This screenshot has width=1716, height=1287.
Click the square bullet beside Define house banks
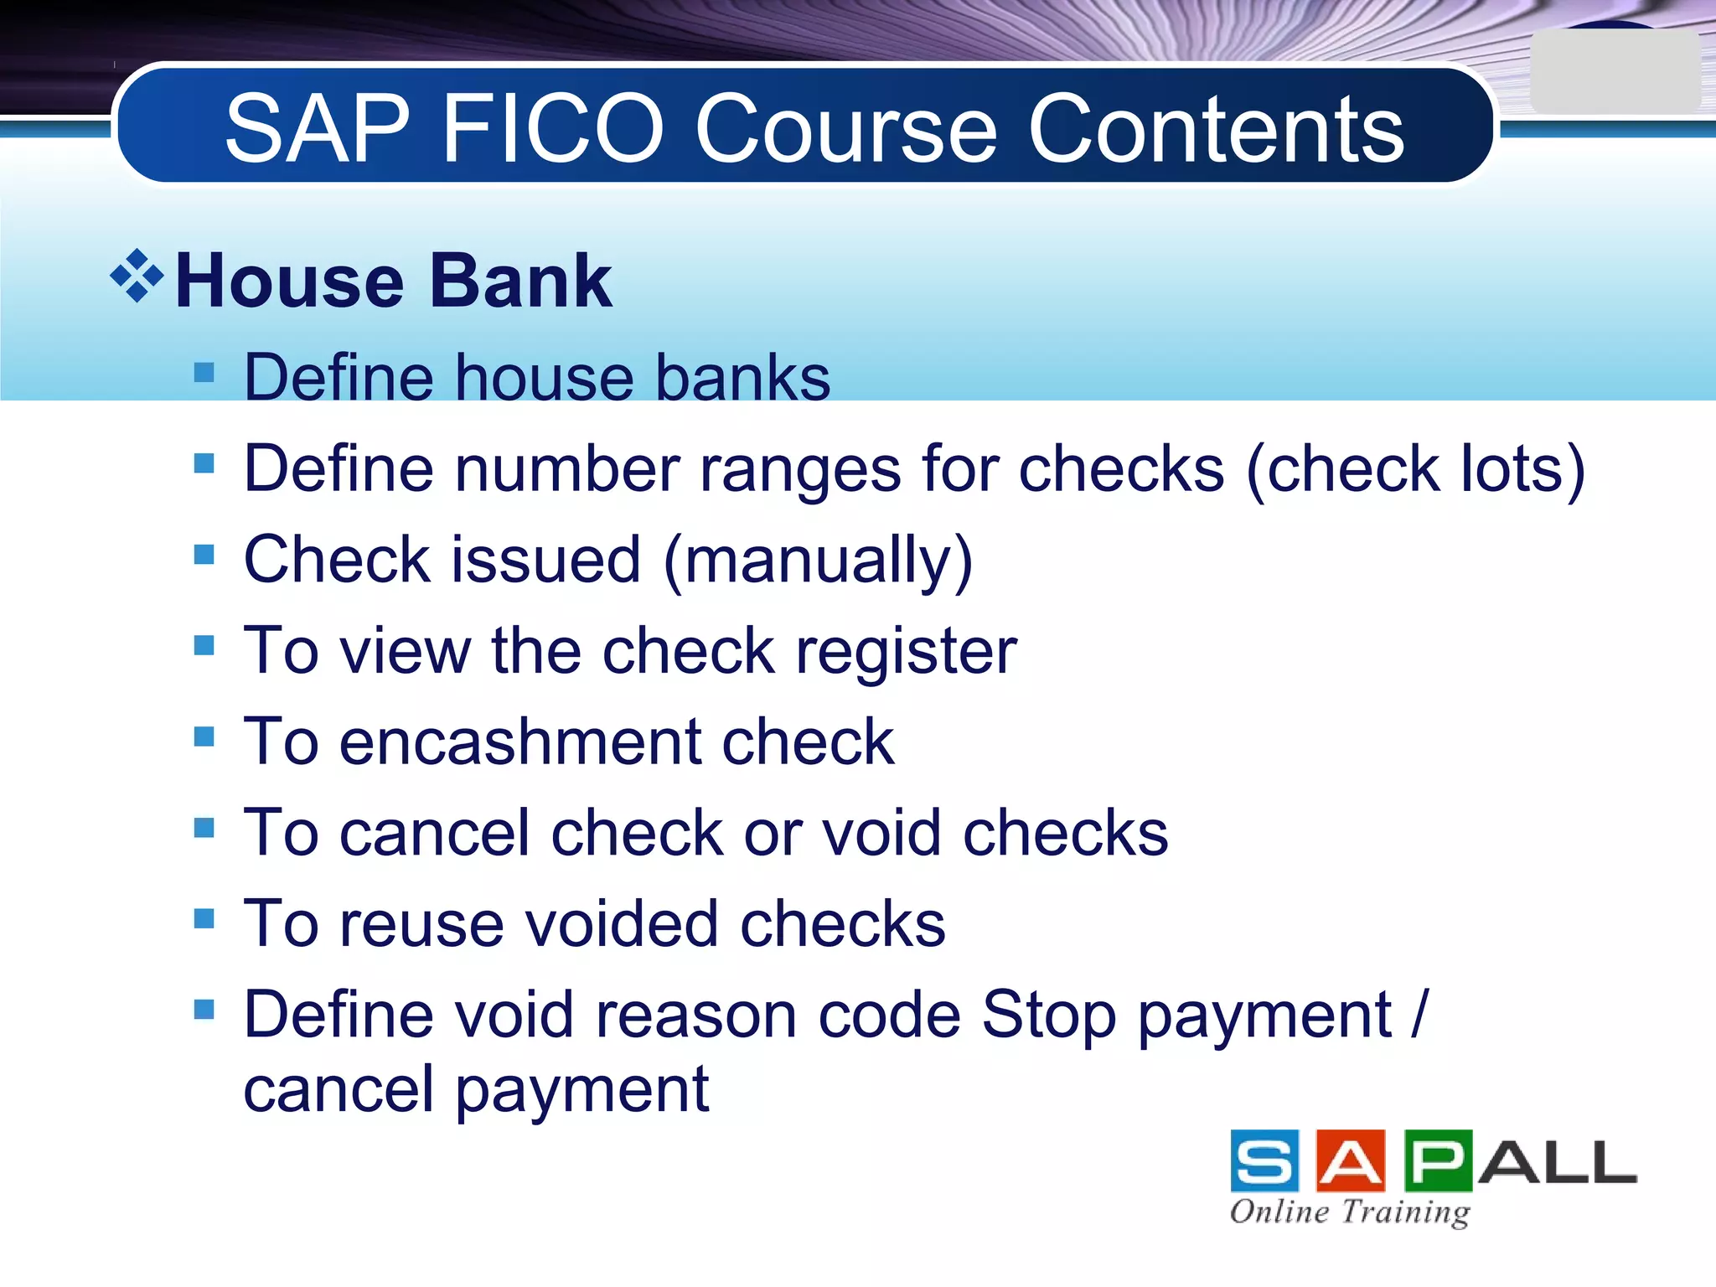click(204, 372)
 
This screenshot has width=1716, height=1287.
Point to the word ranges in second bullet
click(800, 469)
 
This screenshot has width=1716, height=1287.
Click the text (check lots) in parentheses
click(1416, 469)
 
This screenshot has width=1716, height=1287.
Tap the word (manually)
click(818, 561)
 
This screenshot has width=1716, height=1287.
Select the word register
click(907, 652)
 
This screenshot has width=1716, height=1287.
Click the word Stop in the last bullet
click(1049, 1016)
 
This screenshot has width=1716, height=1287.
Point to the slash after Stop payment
click(1419, 1015)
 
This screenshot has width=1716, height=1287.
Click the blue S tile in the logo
click(1264, 1160)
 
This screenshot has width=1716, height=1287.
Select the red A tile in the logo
click(1351, 1160)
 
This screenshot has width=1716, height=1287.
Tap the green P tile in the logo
click(1438, 1160)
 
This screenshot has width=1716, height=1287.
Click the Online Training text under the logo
click(1350, 1212)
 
